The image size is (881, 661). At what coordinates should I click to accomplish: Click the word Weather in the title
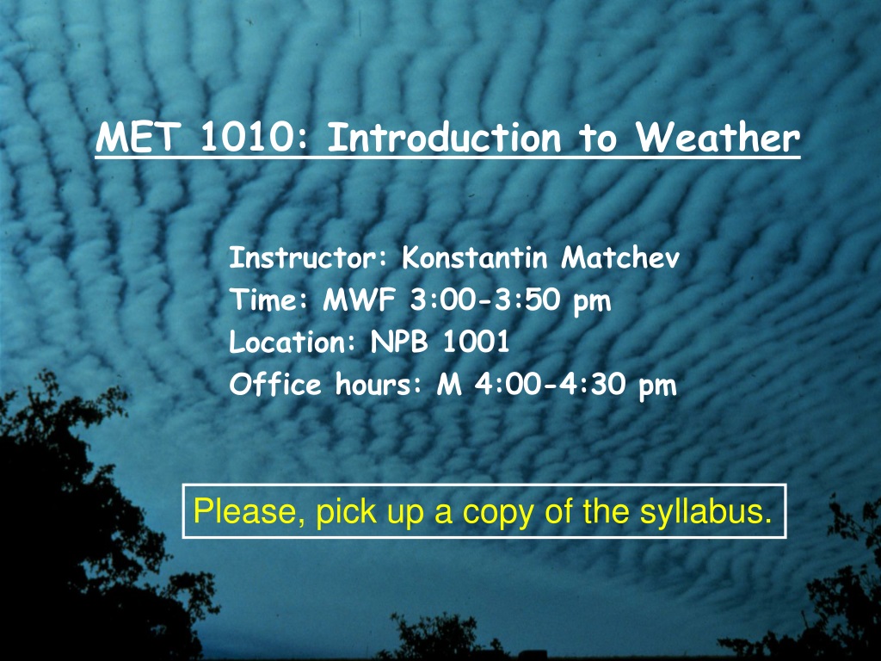point(718,137)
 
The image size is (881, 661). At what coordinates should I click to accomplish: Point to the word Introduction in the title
point(444,138)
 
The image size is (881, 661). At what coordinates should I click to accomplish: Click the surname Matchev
point(620,258)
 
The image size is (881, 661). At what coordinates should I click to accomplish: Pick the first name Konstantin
point(474,258)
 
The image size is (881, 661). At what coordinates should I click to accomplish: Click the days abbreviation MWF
point(359,300)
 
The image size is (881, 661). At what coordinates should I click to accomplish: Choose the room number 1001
point(476,342)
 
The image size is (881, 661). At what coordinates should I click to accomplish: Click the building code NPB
point(399,342)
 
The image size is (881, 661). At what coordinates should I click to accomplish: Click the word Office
point(274,385)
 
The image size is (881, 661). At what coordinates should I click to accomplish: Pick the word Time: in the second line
point(268,300)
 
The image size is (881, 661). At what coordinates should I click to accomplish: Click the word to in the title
point(598,139)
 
